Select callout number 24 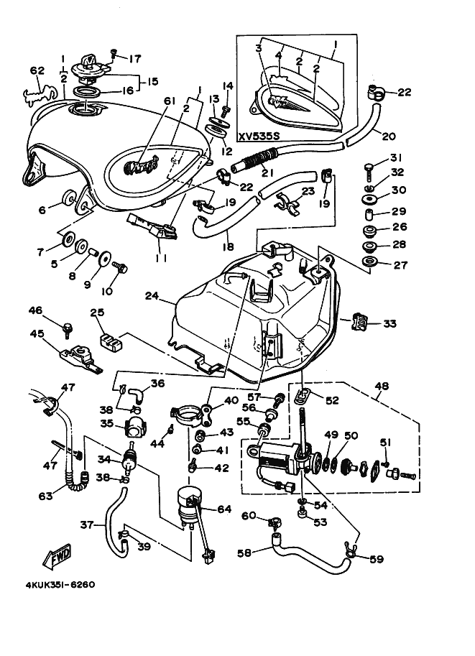tap(151, 295)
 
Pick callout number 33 tap(389, 324)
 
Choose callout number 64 tap(224, 509)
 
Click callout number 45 tap(37, 333)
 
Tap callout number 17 tap(135, 59)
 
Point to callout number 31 tap(395, 159)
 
